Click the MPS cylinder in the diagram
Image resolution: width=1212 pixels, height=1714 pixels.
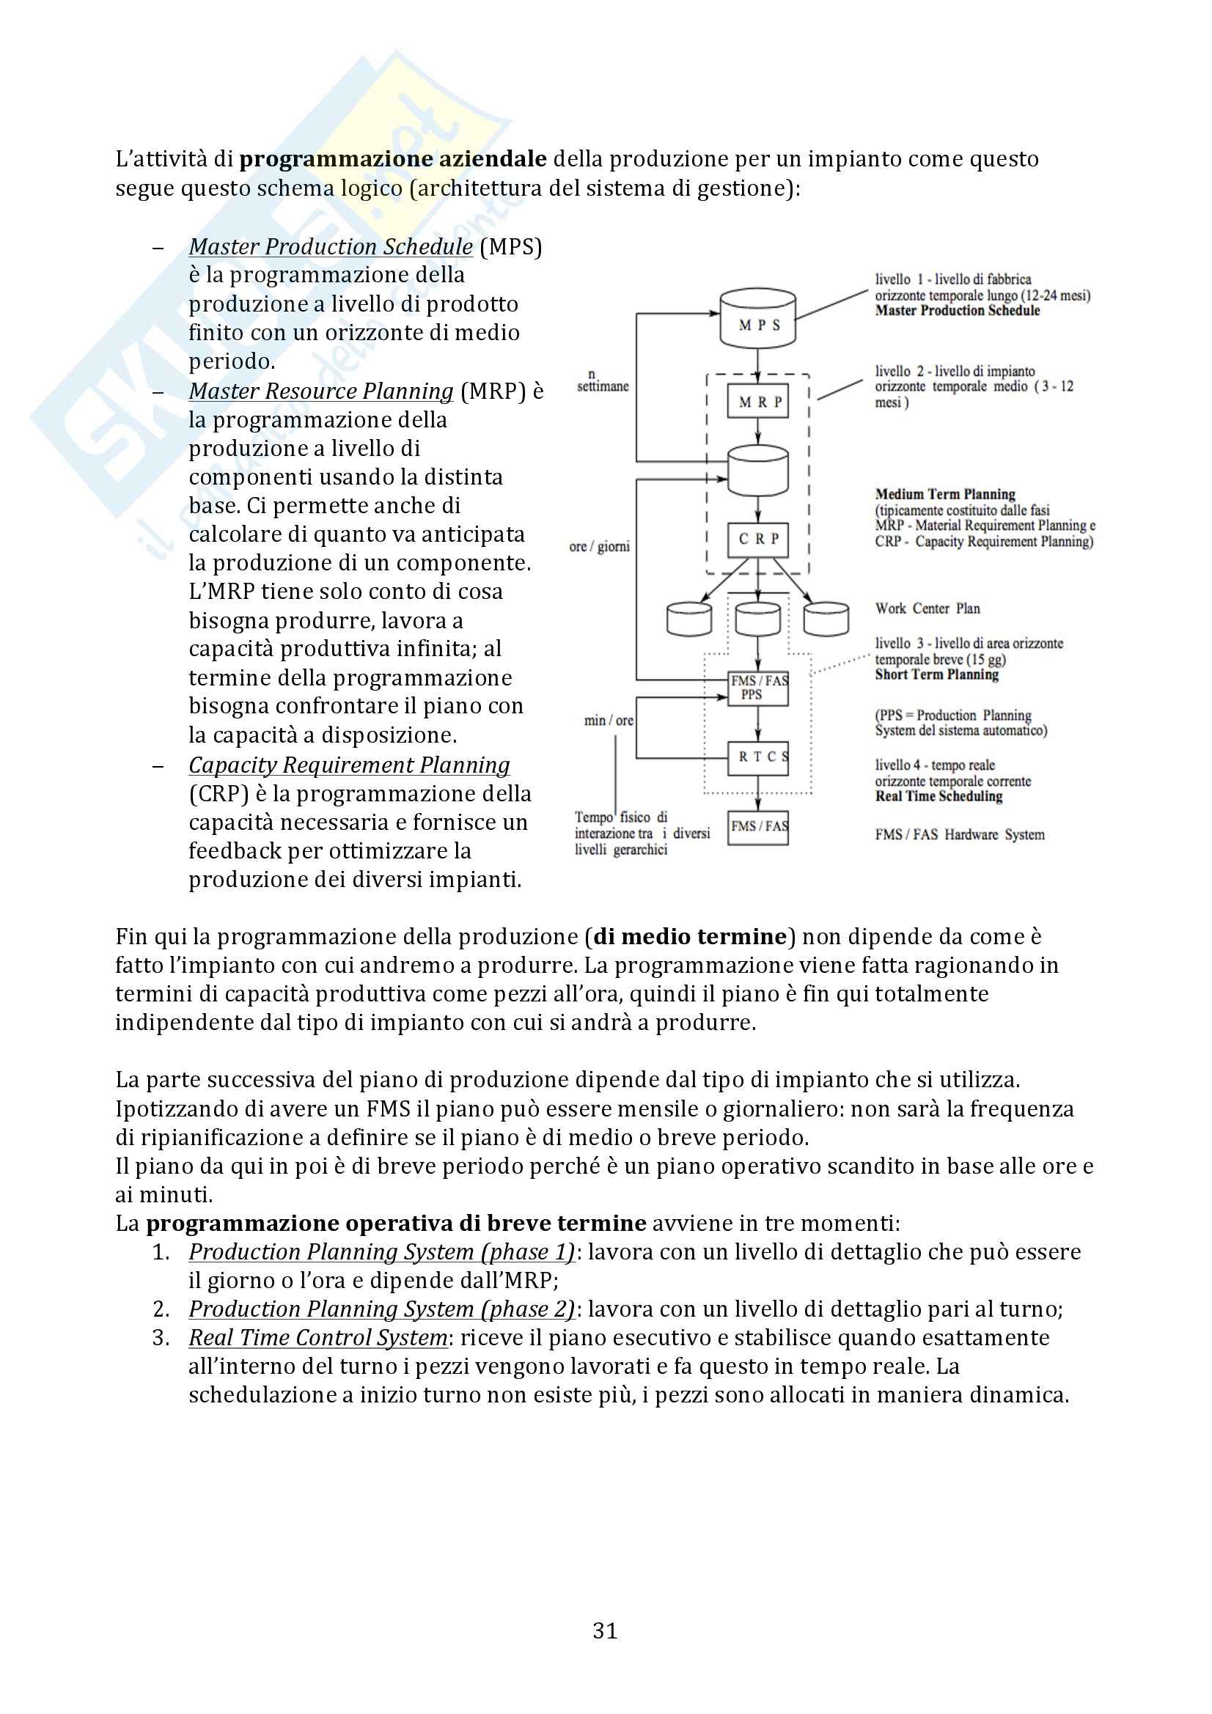pos(757,319)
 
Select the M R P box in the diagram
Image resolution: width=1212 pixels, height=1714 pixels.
pos(758,402)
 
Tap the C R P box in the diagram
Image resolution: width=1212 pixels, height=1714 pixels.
pos(758,539)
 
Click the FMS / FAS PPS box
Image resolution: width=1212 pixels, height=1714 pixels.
pos(758,688)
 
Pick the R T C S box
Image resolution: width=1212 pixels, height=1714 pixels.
pos(758,758)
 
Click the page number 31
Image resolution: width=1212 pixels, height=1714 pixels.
pos(605,1631)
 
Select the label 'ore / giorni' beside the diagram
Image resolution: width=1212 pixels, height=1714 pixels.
pos(599,546)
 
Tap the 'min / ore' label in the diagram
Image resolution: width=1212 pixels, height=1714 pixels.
pos(609,721)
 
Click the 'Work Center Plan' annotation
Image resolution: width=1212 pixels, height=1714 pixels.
pos(928,608)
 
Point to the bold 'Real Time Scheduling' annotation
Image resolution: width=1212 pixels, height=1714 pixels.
pos(939,797)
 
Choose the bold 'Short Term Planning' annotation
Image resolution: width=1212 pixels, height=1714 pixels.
pos(936,675)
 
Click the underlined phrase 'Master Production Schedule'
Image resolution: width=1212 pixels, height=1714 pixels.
pos(330,246)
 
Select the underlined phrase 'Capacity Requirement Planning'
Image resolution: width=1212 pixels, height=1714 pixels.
pos(349,765)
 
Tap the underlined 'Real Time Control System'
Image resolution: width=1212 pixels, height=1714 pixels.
pos(317,1338)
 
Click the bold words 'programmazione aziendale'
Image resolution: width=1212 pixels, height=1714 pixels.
pos(393,159)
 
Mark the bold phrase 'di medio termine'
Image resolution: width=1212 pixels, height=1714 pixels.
pos(690,937)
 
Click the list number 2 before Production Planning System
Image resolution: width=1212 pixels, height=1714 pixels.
pos(161,1309)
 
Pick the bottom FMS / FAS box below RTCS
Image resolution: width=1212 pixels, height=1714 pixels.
pos(758,826)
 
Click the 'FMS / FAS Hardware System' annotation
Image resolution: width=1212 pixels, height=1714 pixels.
pos(960,834)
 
